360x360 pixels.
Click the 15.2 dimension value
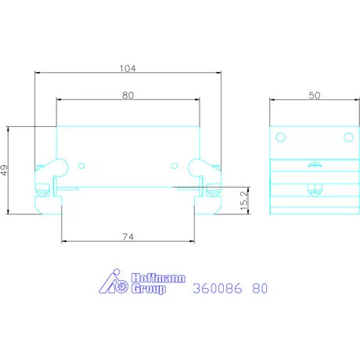(x=243, y=199)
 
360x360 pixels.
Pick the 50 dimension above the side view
(x=314, y=95)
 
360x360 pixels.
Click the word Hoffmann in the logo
(x=147, y=277)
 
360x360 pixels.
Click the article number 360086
(x=216, y=288)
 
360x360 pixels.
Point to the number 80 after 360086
(x=261, y=288)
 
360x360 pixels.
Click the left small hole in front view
(x=83, y=164)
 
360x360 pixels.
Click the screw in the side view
(x=314, y=188)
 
